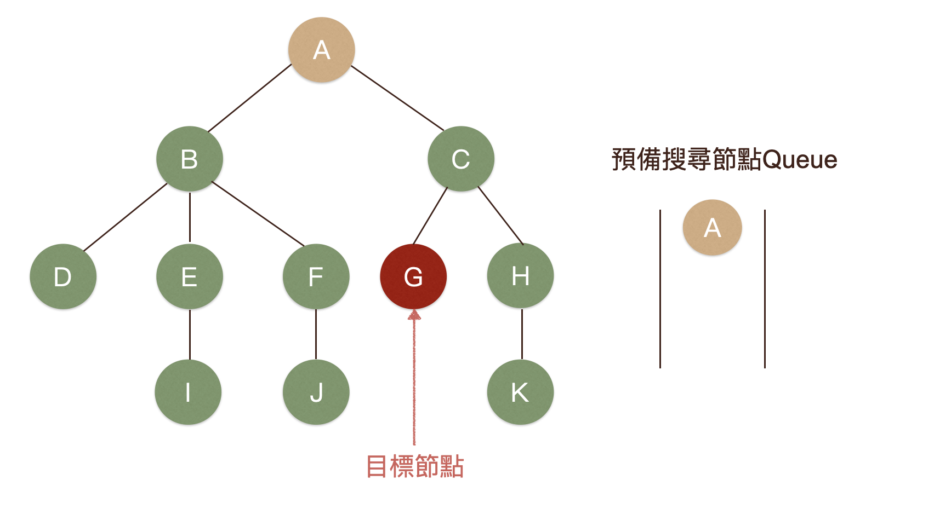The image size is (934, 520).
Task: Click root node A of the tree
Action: [x=322, y=50]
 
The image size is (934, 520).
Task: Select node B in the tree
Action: [x=189, y=159]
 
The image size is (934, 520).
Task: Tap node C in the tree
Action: [x=460, y=159]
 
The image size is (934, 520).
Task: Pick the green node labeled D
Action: [x=63, y=276]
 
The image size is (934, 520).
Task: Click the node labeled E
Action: [x=189, y=276]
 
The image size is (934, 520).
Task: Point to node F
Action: [x=316, y=276]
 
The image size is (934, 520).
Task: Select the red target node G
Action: [x=413, y=276]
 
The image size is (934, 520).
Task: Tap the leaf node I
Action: [x=188, y=392]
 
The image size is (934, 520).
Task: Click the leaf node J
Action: [x=316, y=392]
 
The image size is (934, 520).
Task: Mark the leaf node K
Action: [x=520, y=392]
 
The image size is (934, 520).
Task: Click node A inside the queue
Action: [x=712, y=227]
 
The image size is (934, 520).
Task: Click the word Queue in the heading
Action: [x=800, y=160]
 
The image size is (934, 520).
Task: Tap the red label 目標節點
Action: [x=415, y=466]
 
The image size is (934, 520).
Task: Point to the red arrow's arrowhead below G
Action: [x=414, y=315]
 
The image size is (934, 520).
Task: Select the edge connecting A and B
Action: [x=250, y=98]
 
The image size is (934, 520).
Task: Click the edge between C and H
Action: [x=500, y=215]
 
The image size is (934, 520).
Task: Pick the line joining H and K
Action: [x=522, y=334]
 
